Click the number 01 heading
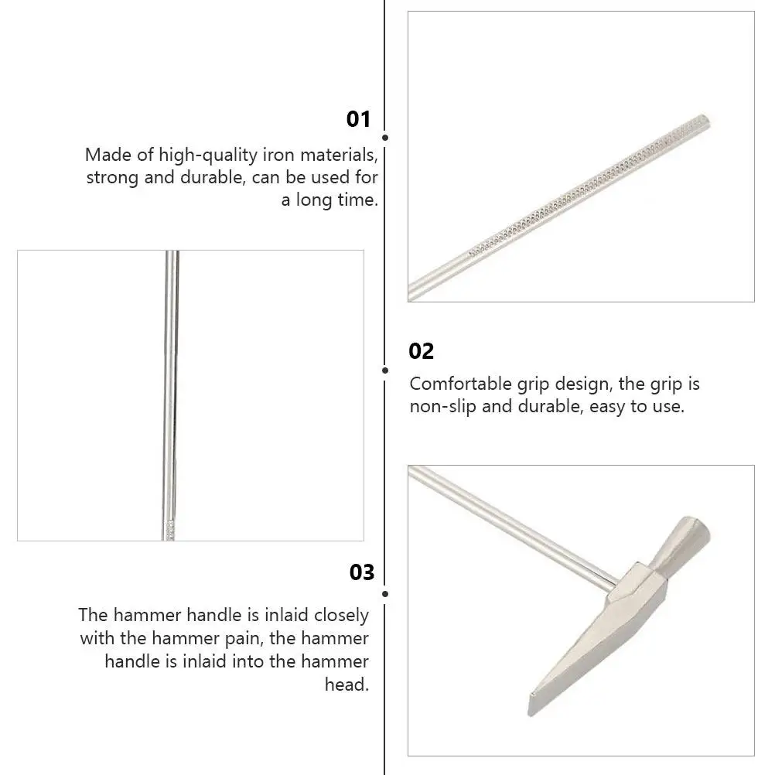pyautogui.click(x=358, y=119)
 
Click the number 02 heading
pyautogui.click(x=422, y=351)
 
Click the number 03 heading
pyautogui.click(x=361, y=572)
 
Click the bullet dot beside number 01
pyautogui.click(x=385, y=138)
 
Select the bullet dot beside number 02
pyautogui.click(x=385, y=370)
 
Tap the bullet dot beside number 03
pyautogui.click(x=385, y=593)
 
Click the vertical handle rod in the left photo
pyautogui.click(x=170, y=387)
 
